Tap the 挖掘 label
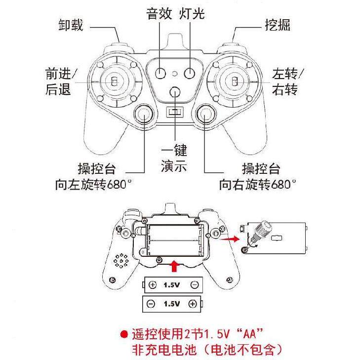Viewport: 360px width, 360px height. coord(277,25)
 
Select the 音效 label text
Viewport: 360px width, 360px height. coord(160,14)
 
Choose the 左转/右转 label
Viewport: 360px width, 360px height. coord(289,82)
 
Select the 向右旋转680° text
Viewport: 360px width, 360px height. coord(258,185)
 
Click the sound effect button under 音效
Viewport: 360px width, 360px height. coord(160,73)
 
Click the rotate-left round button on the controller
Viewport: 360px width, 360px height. coord(144,114)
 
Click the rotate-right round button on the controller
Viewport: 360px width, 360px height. coord(205,114)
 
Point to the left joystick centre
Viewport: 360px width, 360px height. coord(113,80)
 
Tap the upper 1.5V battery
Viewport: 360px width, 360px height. coord(173,284)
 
